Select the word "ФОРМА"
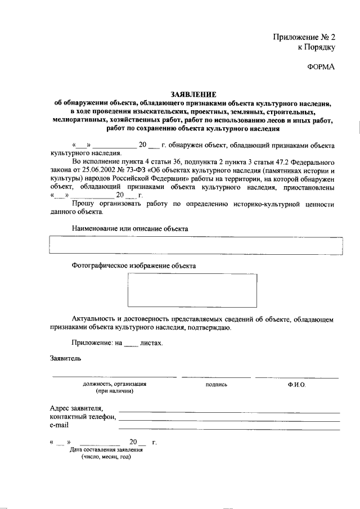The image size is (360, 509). pyautogui.click(x=321, y=67)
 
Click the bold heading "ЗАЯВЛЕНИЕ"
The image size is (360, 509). pyautogui.click(x=193, y=94)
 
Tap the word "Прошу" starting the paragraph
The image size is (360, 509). pyautogui.click(x=83, y=204)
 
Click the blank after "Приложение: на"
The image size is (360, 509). pyautogui.click(x=130, y=343)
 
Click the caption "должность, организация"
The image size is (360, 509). pyautogui.click(x=115, y=384)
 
